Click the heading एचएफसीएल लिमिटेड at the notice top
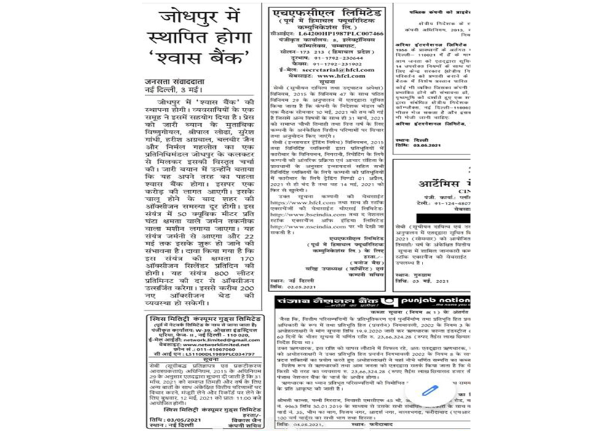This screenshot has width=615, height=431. click(328, 13)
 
